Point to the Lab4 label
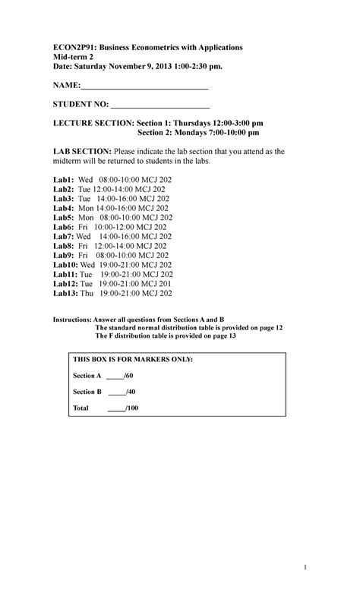coord(63,207)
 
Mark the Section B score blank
coord(117,392)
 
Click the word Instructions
coord(71,320)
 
